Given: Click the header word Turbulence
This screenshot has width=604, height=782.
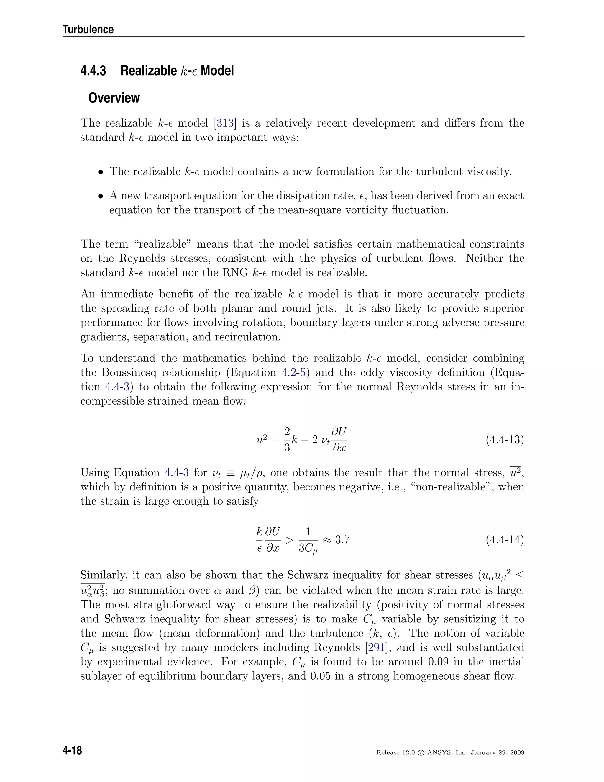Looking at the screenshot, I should pos(88,29).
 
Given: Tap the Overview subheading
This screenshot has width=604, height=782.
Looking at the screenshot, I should pos(114,98).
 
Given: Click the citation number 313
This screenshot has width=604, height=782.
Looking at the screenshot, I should pos(225,123).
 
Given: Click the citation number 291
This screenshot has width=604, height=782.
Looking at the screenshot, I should pos(376,647).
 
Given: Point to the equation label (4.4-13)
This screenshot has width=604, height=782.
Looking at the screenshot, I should pos(505,439).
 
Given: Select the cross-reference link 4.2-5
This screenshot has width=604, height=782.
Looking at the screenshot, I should pos(293,372).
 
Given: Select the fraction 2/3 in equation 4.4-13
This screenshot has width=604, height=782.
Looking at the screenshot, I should pos(287,439).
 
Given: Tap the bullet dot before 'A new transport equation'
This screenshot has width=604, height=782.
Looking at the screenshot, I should pos(101,197).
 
